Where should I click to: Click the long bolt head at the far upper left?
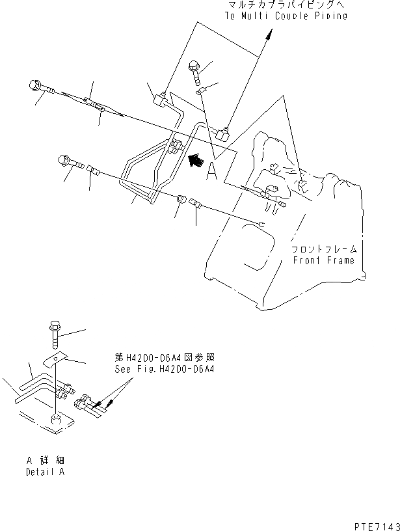pyautogui.click(x=36, y=85)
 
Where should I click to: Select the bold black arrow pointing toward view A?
pyautogui.click(x=193, y=160)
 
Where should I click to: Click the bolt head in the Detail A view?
pyautogui.click(x=55, y=327)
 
